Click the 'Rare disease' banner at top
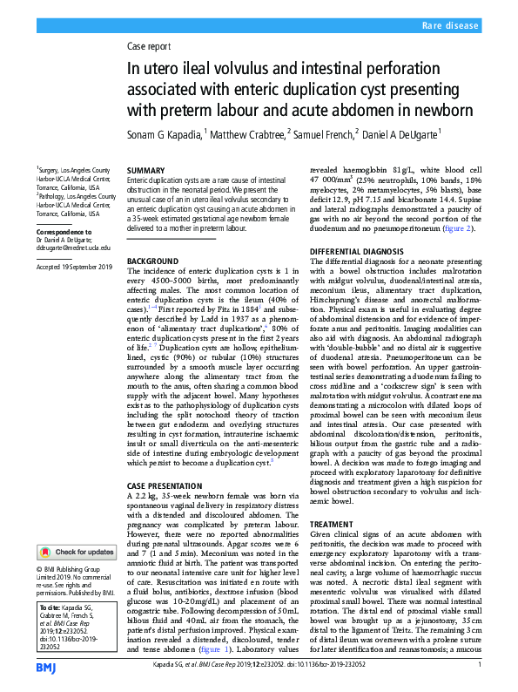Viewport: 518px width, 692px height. click(451, 27)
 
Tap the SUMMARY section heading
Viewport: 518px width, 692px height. click(145, 170)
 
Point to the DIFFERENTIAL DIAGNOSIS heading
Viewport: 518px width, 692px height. click(357, 250)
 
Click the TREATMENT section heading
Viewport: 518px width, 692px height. click(333, 525)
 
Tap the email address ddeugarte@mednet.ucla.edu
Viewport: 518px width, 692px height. click(74, 248)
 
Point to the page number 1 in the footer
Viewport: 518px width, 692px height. click(480, 665)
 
